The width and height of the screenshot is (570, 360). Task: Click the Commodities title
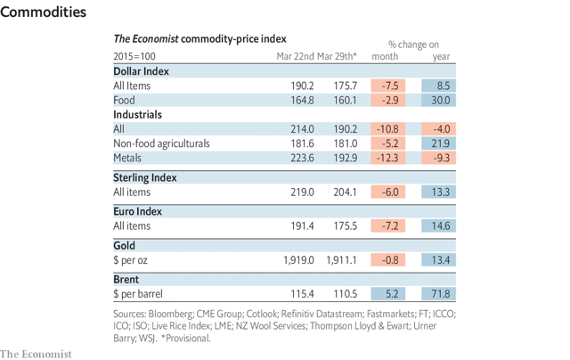pyautogui.click(x=44, y=12)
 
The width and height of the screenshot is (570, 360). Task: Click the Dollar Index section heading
pyautogui.click(x=141, y=70)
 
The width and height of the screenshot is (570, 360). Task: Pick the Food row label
pyautogui.click(x=124, y=101)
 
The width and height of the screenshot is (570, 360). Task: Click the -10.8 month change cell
pyautogui.click(x=387, y=129)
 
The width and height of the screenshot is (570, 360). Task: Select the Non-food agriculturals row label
pyautogui.click(x=161, y=143)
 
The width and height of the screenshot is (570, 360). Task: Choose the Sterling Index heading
pyautogui.click(x=145, y=177)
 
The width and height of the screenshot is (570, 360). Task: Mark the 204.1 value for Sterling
pyautogui.click(x=342, y=192)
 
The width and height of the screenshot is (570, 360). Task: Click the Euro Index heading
pyautogui.click(x=137, y=212)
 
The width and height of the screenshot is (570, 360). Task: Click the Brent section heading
pyautogui.click(x=127, y=279)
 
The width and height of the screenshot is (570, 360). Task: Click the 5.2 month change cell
pyautogui.click(x=387, y=293)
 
